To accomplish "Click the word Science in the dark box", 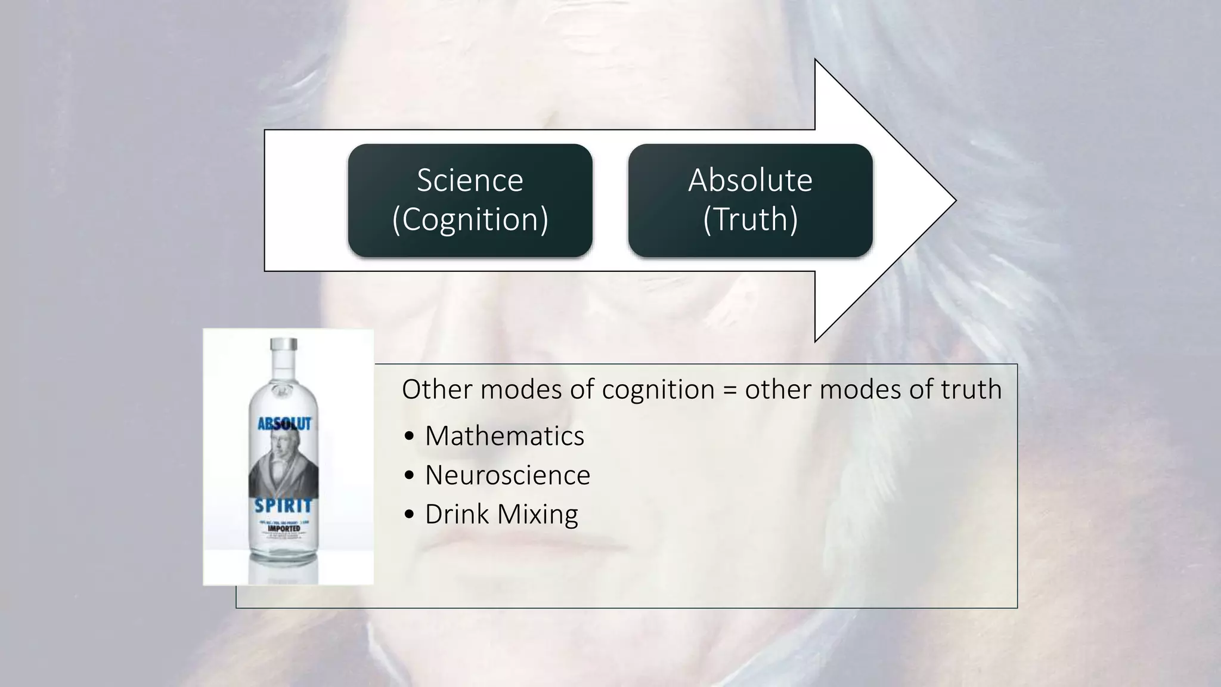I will [470, 180].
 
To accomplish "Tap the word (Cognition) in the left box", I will [470, 219].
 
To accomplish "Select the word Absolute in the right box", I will [750, 180].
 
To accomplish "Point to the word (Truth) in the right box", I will [750, 219].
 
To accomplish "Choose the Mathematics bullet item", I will [504, 436].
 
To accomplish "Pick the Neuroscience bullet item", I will [507, 475].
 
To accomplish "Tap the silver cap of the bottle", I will [284, 345].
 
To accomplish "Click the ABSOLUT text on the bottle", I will [284, 424].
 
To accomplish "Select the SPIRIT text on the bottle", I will [283, 506].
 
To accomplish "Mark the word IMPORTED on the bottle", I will [284, 529].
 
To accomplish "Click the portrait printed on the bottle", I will [283, 462].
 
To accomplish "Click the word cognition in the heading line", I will [658, 389].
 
